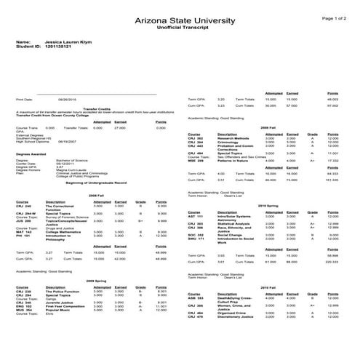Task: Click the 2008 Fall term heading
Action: coord(95,196)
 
